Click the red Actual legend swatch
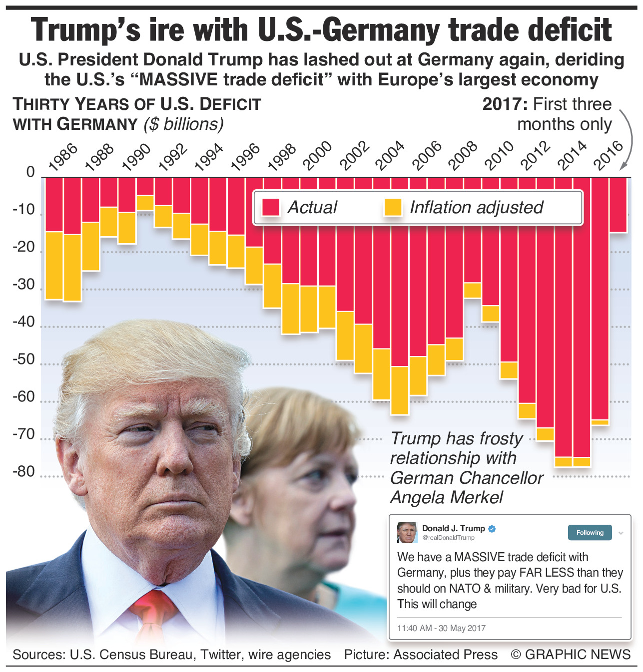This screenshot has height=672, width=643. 271,207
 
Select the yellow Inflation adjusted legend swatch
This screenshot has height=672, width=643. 393,207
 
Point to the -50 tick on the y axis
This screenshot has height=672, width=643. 23,359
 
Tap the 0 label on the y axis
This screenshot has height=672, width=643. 30,172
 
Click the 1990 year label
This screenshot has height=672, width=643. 136,157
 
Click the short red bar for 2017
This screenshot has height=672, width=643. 618,205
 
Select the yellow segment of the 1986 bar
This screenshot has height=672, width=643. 54,266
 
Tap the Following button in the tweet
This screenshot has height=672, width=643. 590,533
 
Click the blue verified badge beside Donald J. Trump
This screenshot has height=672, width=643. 492,529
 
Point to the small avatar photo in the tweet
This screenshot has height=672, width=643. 407,533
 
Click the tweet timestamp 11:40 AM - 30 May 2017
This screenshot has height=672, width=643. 441,628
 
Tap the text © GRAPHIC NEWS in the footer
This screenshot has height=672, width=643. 570,655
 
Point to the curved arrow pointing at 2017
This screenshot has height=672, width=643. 624,140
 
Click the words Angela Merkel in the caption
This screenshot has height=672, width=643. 447,497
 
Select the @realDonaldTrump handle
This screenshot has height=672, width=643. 448,538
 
